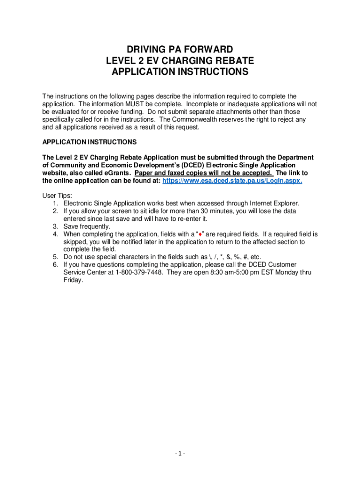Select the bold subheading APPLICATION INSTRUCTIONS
(x=89, y=142)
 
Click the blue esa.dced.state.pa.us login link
(x=232, y=181)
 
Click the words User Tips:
(x=57, y=196)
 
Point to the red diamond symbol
(x=200, y=234)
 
